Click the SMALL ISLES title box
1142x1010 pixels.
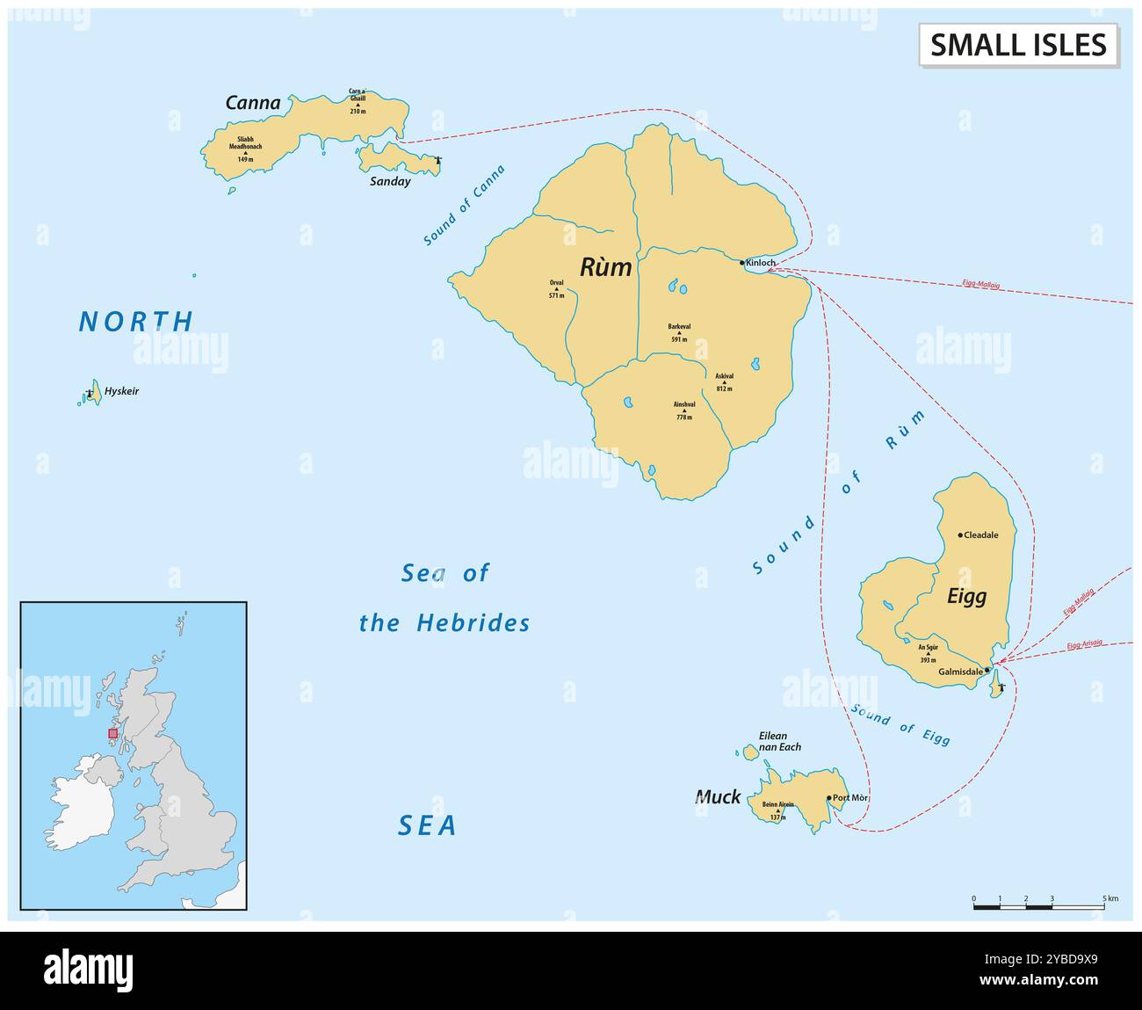point(1018,45)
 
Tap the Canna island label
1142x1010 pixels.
point(253,103)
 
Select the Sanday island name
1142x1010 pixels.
point(389,182)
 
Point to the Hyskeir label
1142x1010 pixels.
point(121,391)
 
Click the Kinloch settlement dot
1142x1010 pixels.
point(742,262)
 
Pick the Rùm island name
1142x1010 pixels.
point(605,267)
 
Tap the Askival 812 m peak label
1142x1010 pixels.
point(724,381)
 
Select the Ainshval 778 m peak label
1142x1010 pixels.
point(684,411)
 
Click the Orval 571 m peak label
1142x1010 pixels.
point(556,289)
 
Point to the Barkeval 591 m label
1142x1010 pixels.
point(679,332)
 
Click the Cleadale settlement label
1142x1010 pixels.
point(980,534)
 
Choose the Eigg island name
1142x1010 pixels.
point(966,596)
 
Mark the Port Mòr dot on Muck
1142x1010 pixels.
point(828,798)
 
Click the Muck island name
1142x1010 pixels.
point(718,797)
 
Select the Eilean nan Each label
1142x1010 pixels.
point(778,741)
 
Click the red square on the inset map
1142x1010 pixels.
point(112,733)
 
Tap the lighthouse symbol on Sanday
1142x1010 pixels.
point(437,160)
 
